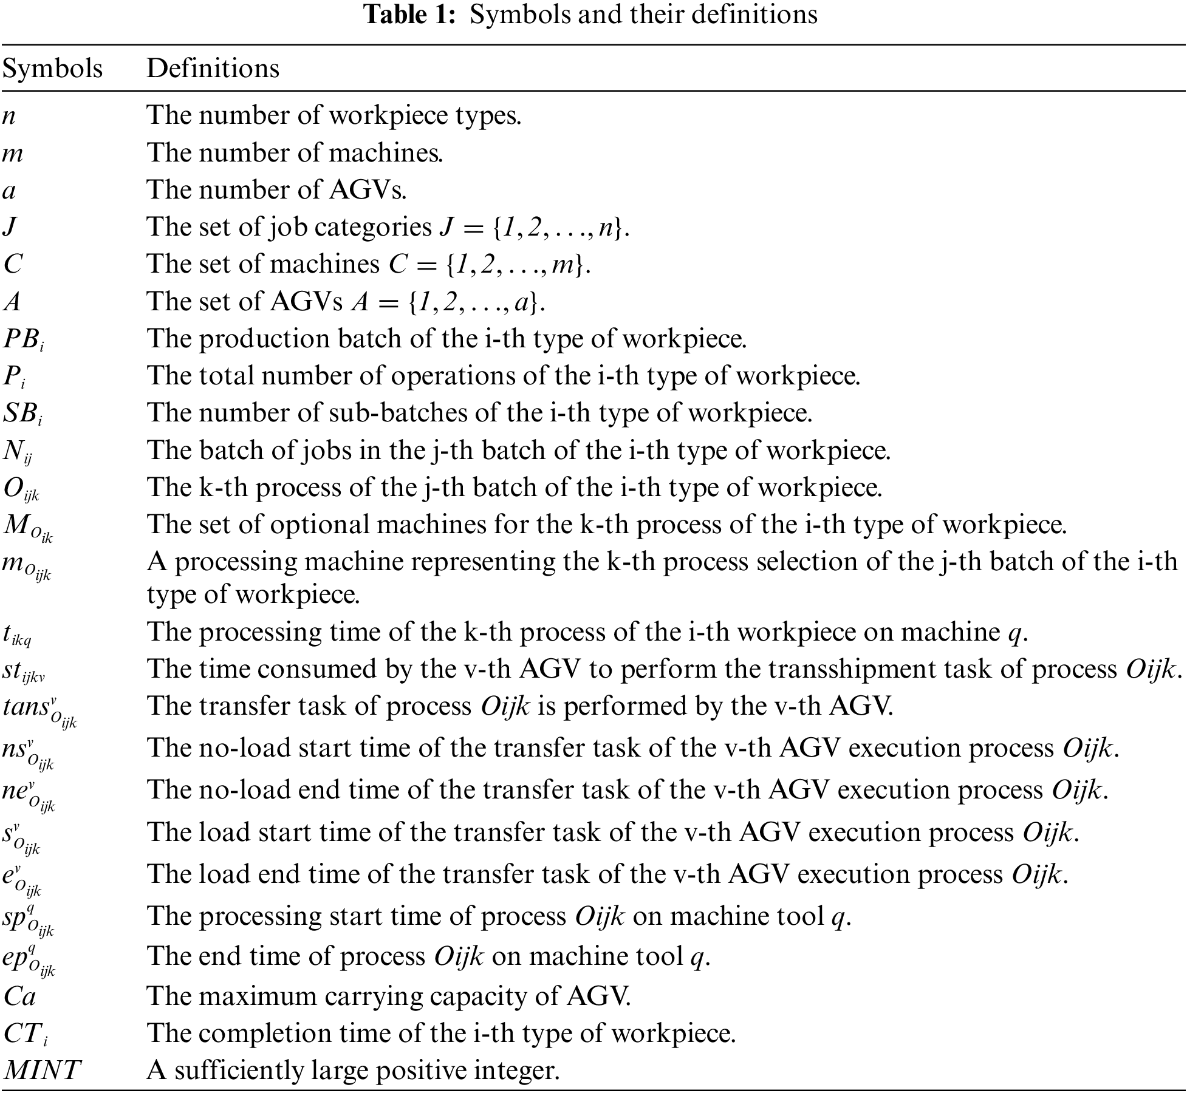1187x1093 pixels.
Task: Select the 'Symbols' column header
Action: [52, 69]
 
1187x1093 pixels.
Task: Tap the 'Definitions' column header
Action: [213, 68]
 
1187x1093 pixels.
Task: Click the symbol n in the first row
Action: [9, 116]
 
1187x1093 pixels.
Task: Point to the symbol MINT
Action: [41, 1070]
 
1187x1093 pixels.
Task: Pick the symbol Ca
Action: [19, 996]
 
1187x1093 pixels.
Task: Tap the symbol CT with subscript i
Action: [24, 1034]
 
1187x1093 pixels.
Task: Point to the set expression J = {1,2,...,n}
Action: [534, 227]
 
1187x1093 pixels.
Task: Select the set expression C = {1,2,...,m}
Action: [489, 265]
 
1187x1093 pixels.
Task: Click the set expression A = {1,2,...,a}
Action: [448, 302]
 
